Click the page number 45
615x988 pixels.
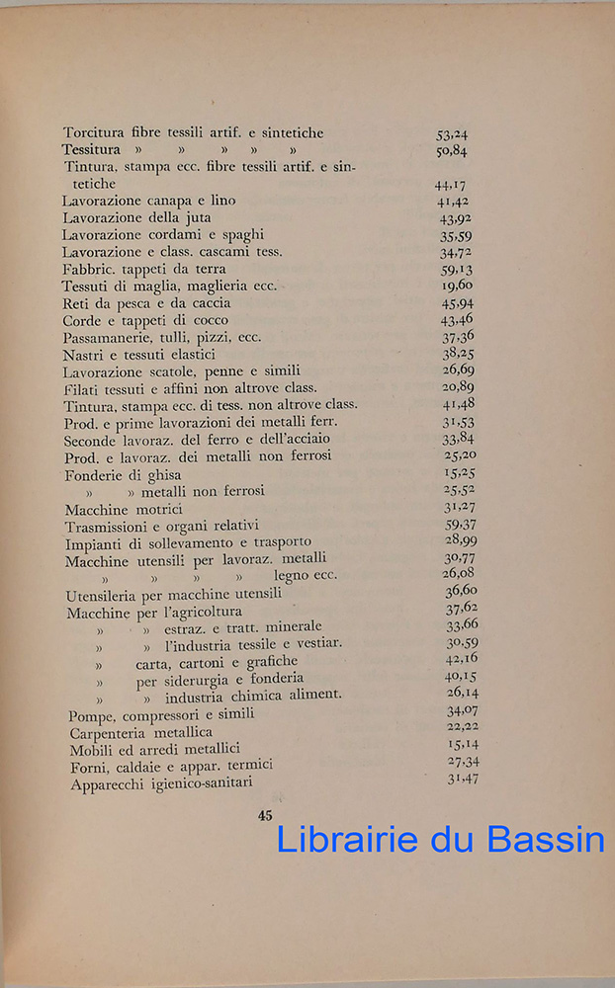[264, 815]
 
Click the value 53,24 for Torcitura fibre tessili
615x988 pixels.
[452, 133]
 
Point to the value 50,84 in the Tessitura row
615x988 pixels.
[452, 151]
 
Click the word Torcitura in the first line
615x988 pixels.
[94, 132]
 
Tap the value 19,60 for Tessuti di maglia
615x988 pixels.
[457, 286]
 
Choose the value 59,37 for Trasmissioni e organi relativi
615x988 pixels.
[461, 525]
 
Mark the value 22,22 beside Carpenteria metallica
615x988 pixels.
[463, 726]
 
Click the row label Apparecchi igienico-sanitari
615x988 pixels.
[161, 783]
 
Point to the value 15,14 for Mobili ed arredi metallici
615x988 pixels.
[463, 743]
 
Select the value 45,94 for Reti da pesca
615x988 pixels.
[458, 302]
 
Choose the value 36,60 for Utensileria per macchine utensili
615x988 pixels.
[462, 592]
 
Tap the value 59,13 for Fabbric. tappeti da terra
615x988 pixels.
[457, 269]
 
